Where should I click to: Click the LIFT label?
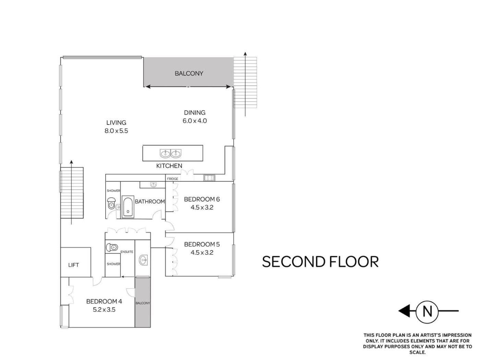(x=73, y=265)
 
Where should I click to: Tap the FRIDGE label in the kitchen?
(x=172, y=179)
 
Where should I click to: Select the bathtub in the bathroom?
(x=128, y=206)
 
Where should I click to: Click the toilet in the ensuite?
(x=112, y=247)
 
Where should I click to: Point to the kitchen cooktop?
(x=209, y=178)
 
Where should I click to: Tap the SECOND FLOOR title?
(x=320, y=262)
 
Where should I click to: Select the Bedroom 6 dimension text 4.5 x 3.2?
(x=202, y=207)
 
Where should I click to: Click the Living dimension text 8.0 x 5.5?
(x=116, y=131)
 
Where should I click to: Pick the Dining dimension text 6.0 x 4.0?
(x=195, y=121)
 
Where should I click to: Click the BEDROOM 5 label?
(x=202, y=244)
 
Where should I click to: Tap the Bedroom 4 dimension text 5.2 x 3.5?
(x=104, y=310)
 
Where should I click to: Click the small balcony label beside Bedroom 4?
(x=143, y=303)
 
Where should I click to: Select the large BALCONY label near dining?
(x=189, y=73)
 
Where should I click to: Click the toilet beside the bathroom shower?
(x=111, y=203)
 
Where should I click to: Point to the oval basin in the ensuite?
(x=143, y=260)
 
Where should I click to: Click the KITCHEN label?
(x=169, y=166)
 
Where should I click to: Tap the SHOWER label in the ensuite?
(x=113, y=264)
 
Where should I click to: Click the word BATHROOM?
(x=150, y=201)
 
